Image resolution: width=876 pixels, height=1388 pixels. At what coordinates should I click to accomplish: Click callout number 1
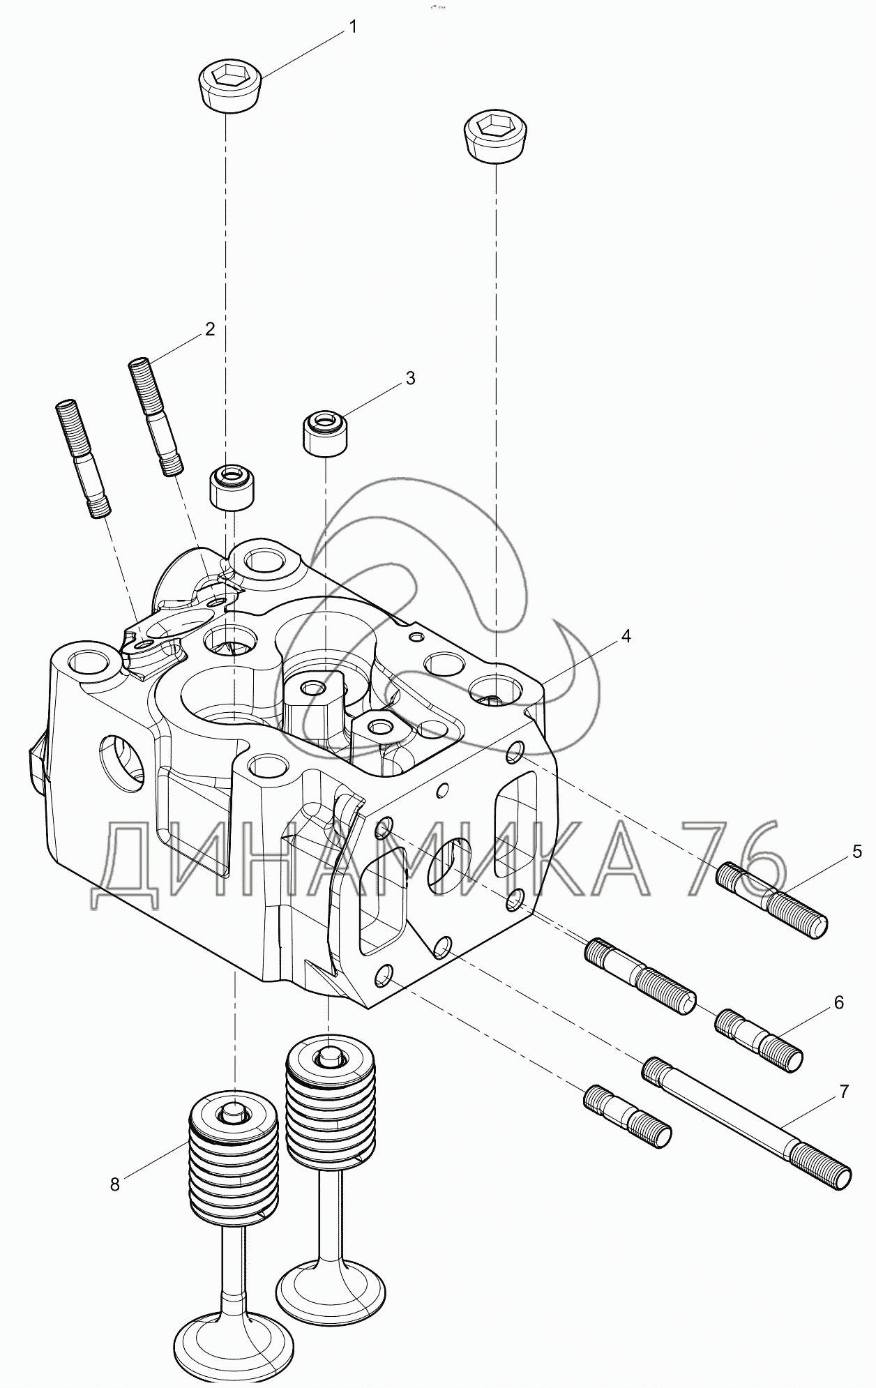353,27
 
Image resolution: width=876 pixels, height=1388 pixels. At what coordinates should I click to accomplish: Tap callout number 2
210,329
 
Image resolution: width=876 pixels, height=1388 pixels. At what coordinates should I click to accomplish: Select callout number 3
410,378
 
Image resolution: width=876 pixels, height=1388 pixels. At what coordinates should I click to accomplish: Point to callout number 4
626,636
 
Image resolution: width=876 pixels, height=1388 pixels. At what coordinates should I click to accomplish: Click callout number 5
856,852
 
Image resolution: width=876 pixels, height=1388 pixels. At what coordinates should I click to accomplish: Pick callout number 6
838,1002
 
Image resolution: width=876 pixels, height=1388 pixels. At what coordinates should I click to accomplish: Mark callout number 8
115,1184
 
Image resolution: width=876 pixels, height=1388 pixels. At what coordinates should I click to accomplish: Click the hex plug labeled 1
230,85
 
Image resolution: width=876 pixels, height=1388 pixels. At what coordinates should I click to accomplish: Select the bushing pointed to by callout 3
325,434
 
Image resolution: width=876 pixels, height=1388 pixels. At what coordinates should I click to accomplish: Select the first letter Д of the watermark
127,866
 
